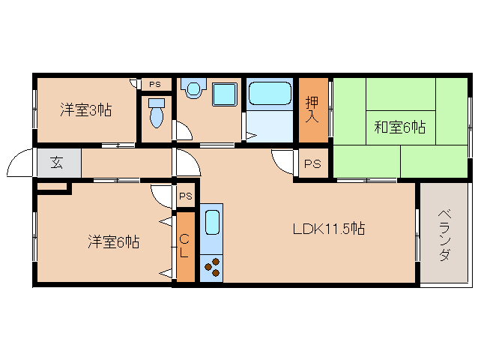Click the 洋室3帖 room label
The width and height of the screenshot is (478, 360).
86,110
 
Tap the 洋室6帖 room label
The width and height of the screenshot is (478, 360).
113,241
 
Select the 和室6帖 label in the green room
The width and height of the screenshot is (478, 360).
399,127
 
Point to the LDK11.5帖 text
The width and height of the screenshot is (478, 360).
328,229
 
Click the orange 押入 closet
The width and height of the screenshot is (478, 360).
314,109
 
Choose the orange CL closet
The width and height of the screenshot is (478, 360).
184,247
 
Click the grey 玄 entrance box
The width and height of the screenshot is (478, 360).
57,163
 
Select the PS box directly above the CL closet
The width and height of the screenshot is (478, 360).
186,196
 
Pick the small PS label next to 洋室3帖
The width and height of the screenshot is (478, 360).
154,84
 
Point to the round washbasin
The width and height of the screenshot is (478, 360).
194,89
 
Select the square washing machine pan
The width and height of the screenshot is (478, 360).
224,94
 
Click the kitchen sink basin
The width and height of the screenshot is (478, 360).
211,222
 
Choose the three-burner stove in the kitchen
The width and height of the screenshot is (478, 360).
211,267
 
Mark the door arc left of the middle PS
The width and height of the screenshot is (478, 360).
283,160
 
